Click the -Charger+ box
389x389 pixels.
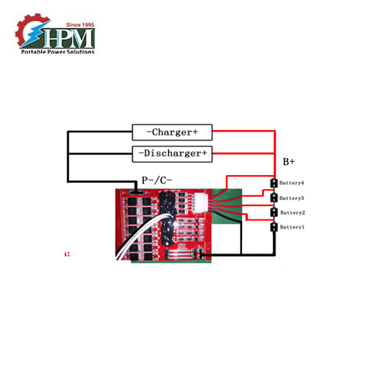point(171,132)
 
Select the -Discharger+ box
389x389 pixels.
point(171,153)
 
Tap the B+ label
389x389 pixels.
point(289,162)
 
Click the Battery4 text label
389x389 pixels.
point(292,184)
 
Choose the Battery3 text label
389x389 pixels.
point(292,198)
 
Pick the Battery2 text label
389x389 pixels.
point(292,212)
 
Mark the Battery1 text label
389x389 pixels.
point(292,227)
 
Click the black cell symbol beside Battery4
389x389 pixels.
point(274,184)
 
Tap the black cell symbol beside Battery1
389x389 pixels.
point(274,227)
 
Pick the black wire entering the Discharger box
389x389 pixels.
point(101,153)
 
